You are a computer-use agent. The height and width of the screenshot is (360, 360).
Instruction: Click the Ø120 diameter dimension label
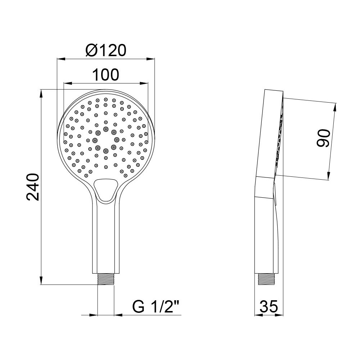106,50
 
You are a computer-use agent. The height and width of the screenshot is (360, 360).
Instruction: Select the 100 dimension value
105,75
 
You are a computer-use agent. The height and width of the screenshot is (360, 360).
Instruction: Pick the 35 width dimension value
269,307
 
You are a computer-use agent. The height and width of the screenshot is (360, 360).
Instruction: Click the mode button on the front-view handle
105,189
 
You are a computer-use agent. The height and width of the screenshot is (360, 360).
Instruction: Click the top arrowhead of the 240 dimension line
41,93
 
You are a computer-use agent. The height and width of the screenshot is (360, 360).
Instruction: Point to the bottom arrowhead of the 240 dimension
41,282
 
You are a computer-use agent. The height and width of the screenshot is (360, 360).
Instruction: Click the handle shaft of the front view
106,238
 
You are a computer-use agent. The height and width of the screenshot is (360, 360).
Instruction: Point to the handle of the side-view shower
266,238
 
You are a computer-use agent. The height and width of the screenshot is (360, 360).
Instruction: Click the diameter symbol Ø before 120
91,50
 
